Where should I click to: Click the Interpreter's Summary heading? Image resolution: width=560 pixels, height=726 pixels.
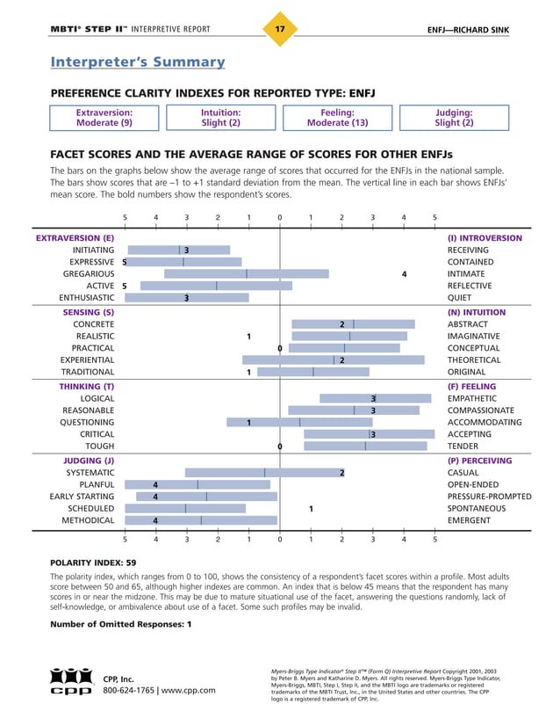coord(137,62)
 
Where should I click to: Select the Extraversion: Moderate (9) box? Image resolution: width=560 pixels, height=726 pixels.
coord(104,118)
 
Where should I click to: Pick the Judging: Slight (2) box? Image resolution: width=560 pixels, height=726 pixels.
coord(454,118)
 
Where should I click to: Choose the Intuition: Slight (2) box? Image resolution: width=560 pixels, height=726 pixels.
coord(220,118)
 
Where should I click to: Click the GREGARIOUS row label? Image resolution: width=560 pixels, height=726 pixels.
coord(87,274)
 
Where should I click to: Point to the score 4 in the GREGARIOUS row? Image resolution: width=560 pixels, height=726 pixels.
coord(404,274)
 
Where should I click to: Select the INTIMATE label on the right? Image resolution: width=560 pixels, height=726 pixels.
coord(467,274)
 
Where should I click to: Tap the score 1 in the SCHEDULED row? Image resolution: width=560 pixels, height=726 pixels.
coord(312,508)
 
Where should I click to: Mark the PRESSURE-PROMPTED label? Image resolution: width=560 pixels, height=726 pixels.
coord(489,497)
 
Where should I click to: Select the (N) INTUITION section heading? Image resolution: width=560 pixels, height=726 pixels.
coord(484,312)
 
